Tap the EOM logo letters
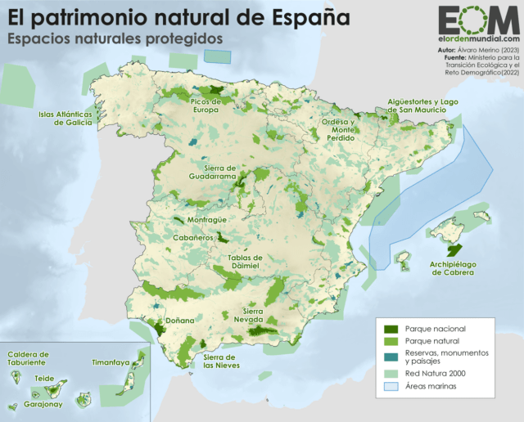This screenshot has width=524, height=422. pyautogui.click(x=477, y=20)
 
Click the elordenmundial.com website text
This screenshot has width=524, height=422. pyautogui.click(x=478, y=38)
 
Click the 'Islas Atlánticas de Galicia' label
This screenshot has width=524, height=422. pyautogui.click(x=69, y=118)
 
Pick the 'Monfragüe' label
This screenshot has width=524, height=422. pyautogui.click(x=196, y=219)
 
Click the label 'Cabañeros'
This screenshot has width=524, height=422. pyautogui.click(x=193, y=237)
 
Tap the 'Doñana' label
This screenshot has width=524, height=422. pyautogui.click(x=179, y=321)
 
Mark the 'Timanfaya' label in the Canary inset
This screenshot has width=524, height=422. pyautogui.click(x=111, y=361)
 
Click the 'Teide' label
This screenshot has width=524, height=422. pyautogui.click(x=47, y=379)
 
